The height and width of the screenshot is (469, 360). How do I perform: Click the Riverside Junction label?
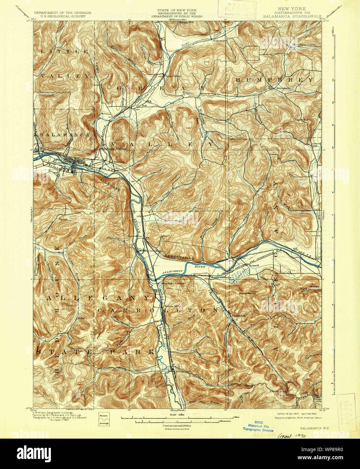pyautogui.click(x=173, y=283)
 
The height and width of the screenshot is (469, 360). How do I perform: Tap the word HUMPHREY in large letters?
pyautogui.click(x=274, y=80)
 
